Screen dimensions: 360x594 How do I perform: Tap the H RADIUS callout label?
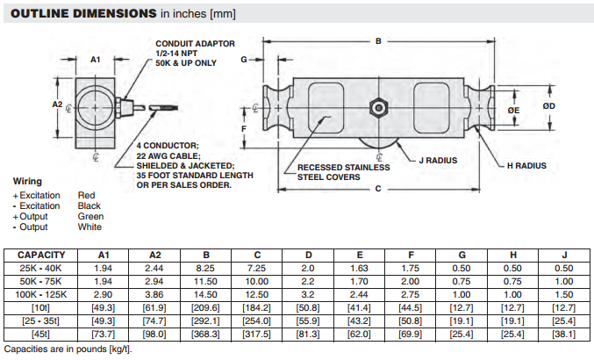tap(526, 164)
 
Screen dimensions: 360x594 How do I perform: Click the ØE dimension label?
tap(514, 110)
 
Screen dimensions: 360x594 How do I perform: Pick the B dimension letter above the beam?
tap(378, 41)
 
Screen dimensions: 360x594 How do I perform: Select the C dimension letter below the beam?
tap(377, 189)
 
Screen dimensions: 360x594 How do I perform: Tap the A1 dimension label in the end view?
tap(97, 59)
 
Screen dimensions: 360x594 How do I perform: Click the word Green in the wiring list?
tap(90, 216)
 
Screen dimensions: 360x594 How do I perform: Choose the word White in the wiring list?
tap(89, 227)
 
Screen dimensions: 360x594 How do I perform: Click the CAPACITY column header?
tap(41, 255)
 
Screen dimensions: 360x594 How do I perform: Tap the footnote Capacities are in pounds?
tap(67, 349)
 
